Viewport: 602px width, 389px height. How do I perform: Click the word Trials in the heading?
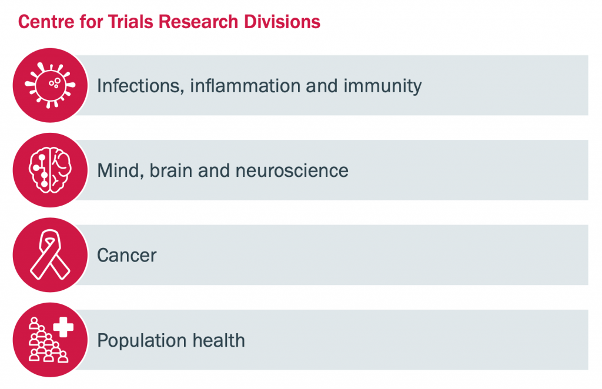point(131,22)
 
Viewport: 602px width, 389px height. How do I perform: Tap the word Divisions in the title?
point(282,22)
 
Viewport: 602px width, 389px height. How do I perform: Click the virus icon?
point(50,85)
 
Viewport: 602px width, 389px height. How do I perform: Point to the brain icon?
point(50,170)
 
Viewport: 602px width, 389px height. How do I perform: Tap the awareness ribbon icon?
point(50,254)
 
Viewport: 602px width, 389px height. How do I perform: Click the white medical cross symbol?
point(63,327)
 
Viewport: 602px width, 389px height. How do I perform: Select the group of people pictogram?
point(47,341)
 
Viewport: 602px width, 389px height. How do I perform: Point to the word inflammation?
point(245,86)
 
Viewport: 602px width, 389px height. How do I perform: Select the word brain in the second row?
point(171,171)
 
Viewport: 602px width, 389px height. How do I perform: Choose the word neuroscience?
point(292,171)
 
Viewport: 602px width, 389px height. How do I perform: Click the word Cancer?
point(127,256)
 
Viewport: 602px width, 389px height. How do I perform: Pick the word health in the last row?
point(219,340)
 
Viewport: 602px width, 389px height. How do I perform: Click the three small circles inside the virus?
point(55,83)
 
